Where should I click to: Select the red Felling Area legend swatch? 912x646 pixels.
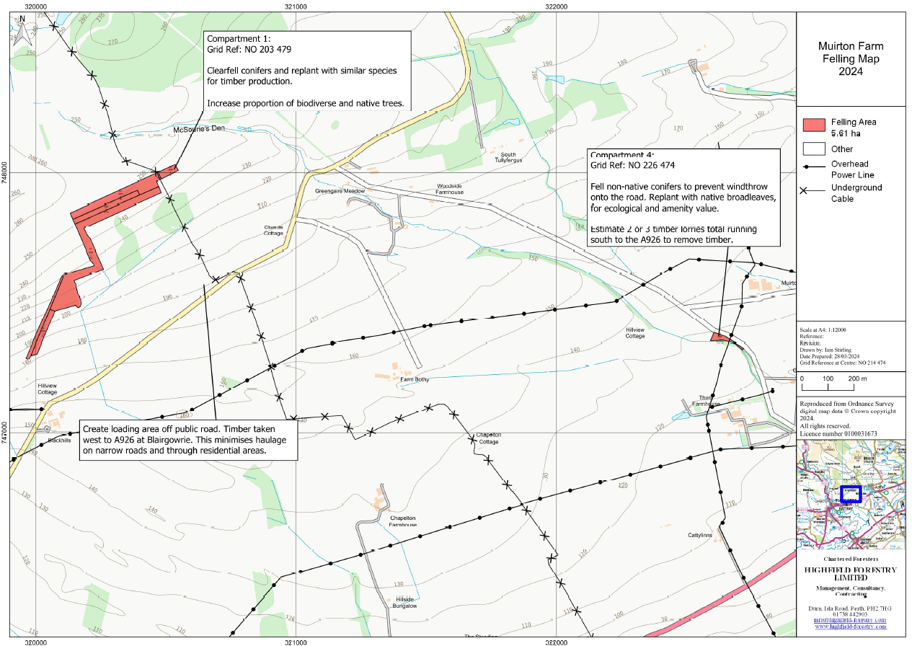coord(813,124)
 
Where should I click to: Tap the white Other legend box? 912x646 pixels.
coord(813,149)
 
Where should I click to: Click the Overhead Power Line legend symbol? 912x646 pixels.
coord(813,168)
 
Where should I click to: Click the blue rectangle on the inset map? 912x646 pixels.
coord(850,494)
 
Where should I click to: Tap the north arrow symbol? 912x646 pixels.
coord(24,31)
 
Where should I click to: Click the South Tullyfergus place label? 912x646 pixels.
coord(508,158)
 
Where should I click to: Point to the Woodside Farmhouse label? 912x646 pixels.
coord(449,189)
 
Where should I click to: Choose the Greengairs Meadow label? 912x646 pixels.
coord(340,191)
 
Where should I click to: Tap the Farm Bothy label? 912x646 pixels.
coord(415,379)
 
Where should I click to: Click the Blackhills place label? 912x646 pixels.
coord(59,441)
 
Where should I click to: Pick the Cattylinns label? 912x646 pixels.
coord(699,536)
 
